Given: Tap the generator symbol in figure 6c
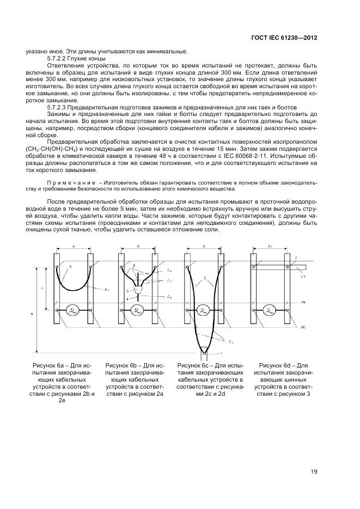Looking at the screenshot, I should [x=202, y=310].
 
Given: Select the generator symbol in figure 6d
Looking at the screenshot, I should [x=268, y=310].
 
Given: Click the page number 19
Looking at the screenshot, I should [x=313, y=471].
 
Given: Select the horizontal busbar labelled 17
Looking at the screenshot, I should [x=283, y=267].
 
